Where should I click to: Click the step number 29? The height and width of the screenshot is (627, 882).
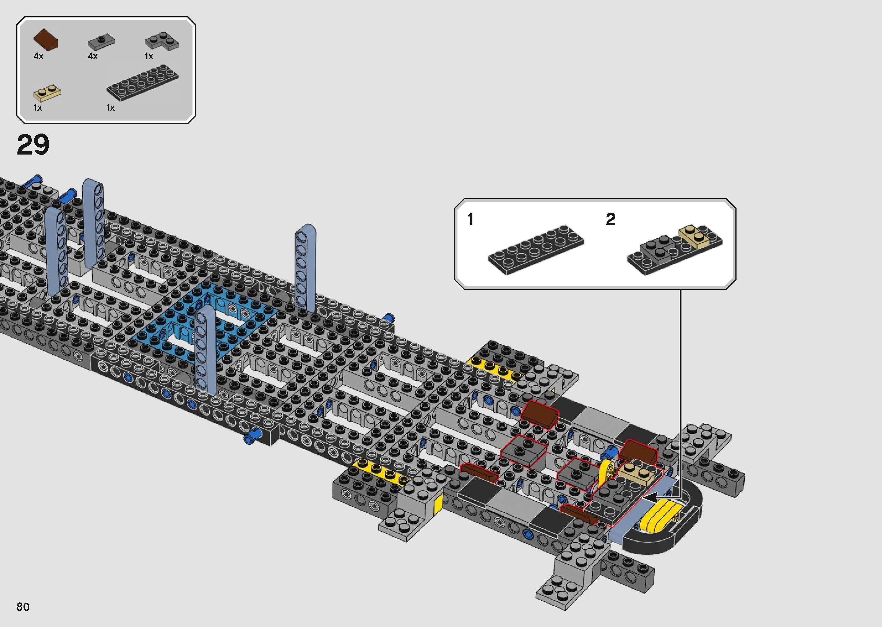click(33, 145)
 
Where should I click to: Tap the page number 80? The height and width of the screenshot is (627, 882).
click(23, 607)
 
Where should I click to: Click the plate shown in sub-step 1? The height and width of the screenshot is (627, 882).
click(536, 249)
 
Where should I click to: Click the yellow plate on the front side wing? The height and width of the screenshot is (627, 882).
click(380, 472)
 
